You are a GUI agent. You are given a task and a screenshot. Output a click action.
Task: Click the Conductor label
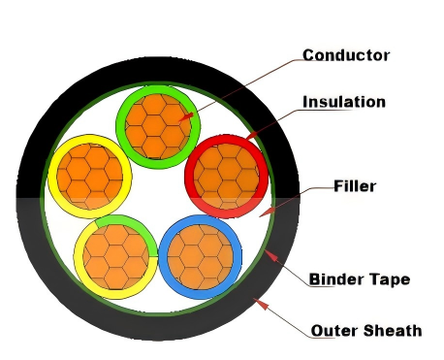coord(345,55)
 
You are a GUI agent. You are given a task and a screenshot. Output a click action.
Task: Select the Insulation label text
coord(344,102)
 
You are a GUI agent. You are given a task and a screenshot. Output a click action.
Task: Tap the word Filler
coord(354,185)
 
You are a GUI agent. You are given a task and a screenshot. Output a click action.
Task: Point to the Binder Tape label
coord(359,279)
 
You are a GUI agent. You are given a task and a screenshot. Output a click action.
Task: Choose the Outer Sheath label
coord(366,331)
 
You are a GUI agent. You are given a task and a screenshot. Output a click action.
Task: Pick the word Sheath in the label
coord(393,331)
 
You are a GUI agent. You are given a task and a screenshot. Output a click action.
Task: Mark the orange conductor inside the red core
coord(227,178)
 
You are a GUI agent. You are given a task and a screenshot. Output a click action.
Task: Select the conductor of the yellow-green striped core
coord(114,256)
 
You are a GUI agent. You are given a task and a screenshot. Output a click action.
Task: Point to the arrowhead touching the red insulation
coord(250,139)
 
